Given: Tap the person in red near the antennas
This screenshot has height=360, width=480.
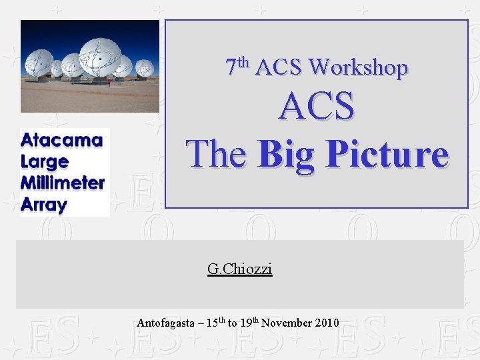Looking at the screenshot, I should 109,83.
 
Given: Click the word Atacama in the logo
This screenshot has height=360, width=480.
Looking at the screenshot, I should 62,141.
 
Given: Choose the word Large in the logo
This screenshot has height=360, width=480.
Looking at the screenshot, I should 45,162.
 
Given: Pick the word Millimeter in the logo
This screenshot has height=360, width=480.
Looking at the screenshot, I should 63,183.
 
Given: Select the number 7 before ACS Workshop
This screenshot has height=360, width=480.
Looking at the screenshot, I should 231,67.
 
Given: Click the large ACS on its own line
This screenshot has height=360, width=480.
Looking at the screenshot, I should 317,107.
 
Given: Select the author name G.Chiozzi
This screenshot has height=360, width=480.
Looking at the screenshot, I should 240,269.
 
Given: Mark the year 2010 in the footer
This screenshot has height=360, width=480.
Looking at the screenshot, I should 327,323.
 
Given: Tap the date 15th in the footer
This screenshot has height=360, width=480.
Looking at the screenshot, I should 215,323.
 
